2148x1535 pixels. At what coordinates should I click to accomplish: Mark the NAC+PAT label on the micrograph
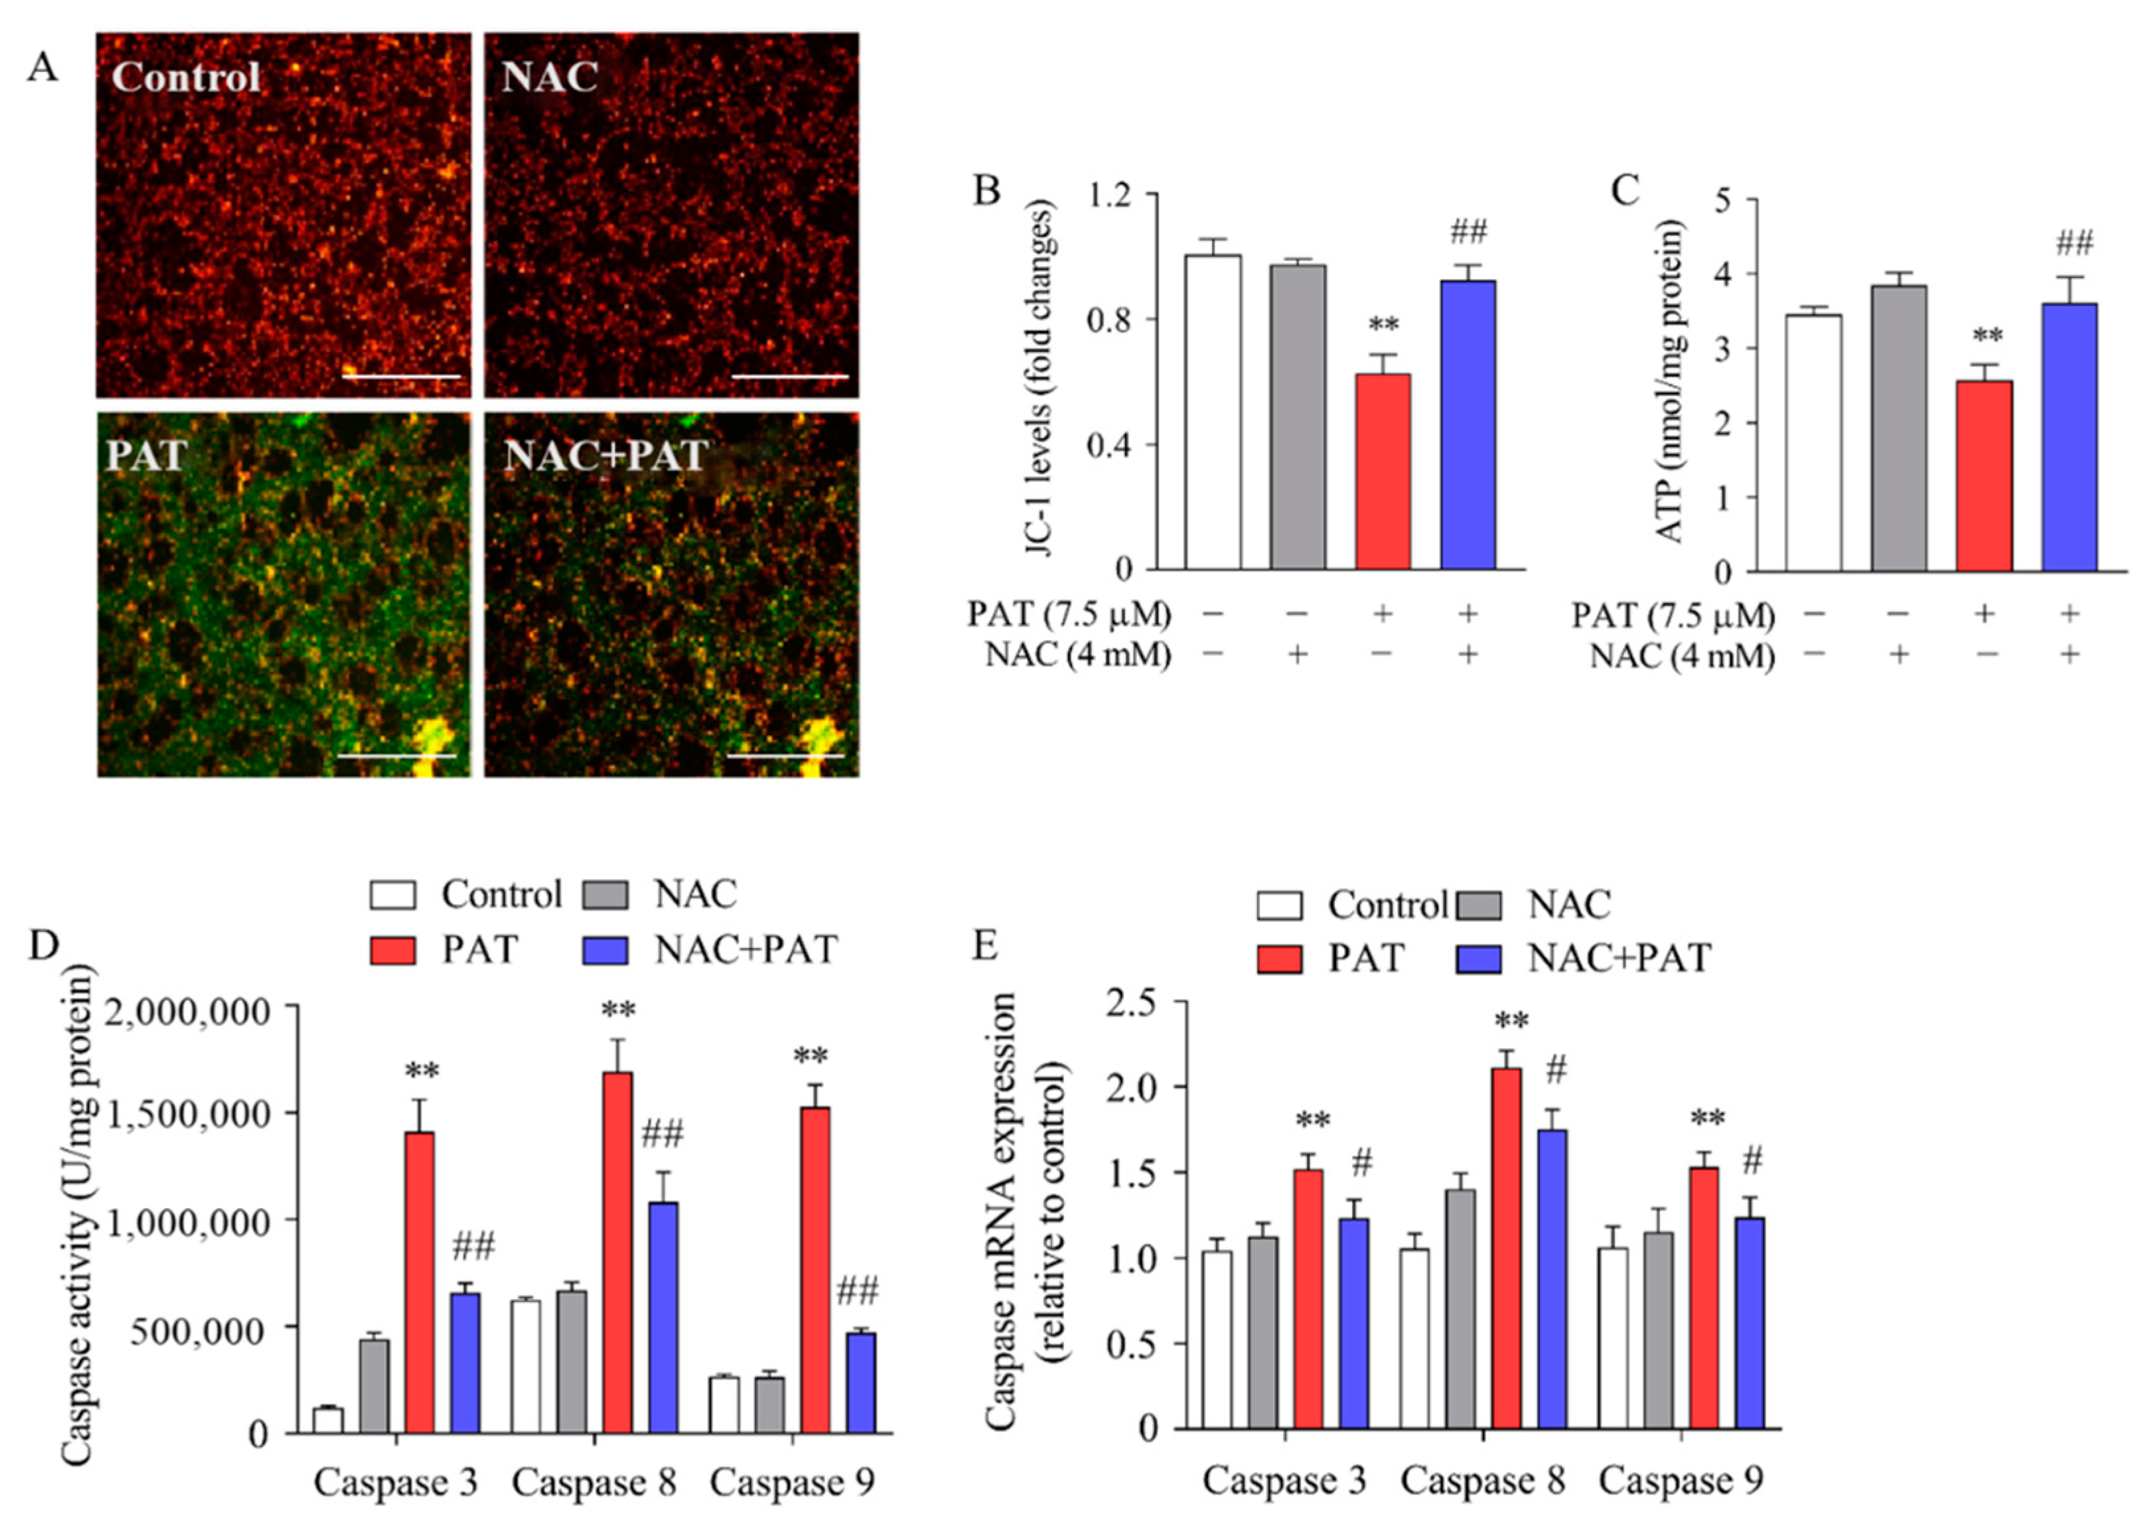click(x=605, y=456)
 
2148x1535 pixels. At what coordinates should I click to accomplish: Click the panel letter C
click(x=1624, y=191)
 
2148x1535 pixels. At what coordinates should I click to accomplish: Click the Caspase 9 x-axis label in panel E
click(x=1680, y=1480)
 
